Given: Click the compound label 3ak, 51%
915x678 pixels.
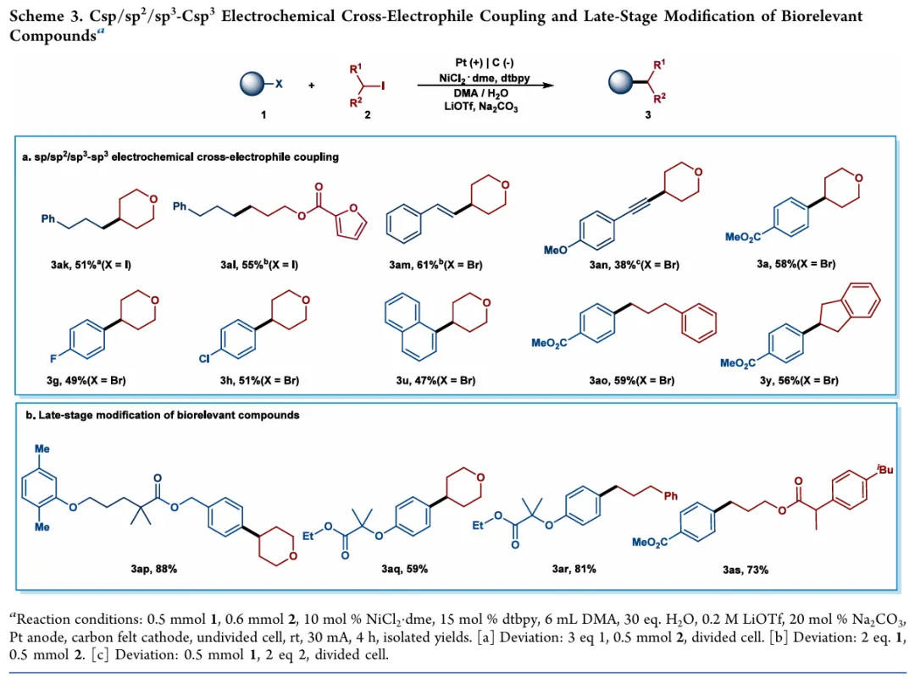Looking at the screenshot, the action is (91, 266).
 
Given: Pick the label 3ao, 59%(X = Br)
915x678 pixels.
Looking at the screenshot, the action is (631, 381).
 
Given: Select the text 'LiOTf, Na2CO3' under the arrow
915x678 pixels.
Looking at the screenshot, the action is (480, 107).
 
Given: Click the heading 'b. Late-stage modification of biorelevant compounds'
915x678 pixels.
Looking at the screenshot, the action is (163, 415).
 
